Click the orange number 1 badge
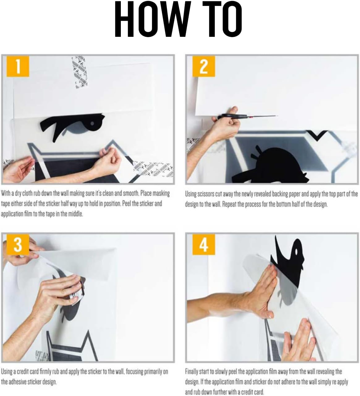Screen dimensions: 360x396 pyautogui.click(x=18, y=66)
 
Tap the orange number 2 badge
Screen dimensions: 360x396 pyautogui.click(x=204, y=66)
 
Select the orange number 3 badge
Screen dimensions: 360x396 pyautogui.click(x=18, y=244)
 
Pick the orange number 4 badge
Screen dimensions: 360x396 pyautogui.click(x=204, y=244)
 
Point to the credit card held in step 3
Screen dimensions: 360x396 pyautogui.click(x=78, y=292)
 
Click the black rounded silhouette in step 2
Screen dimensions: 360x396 pyautogui.click(x=270, y=165)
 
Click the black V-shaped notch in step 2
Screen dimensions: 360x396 pyautogui.click(x=317, y=135)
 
